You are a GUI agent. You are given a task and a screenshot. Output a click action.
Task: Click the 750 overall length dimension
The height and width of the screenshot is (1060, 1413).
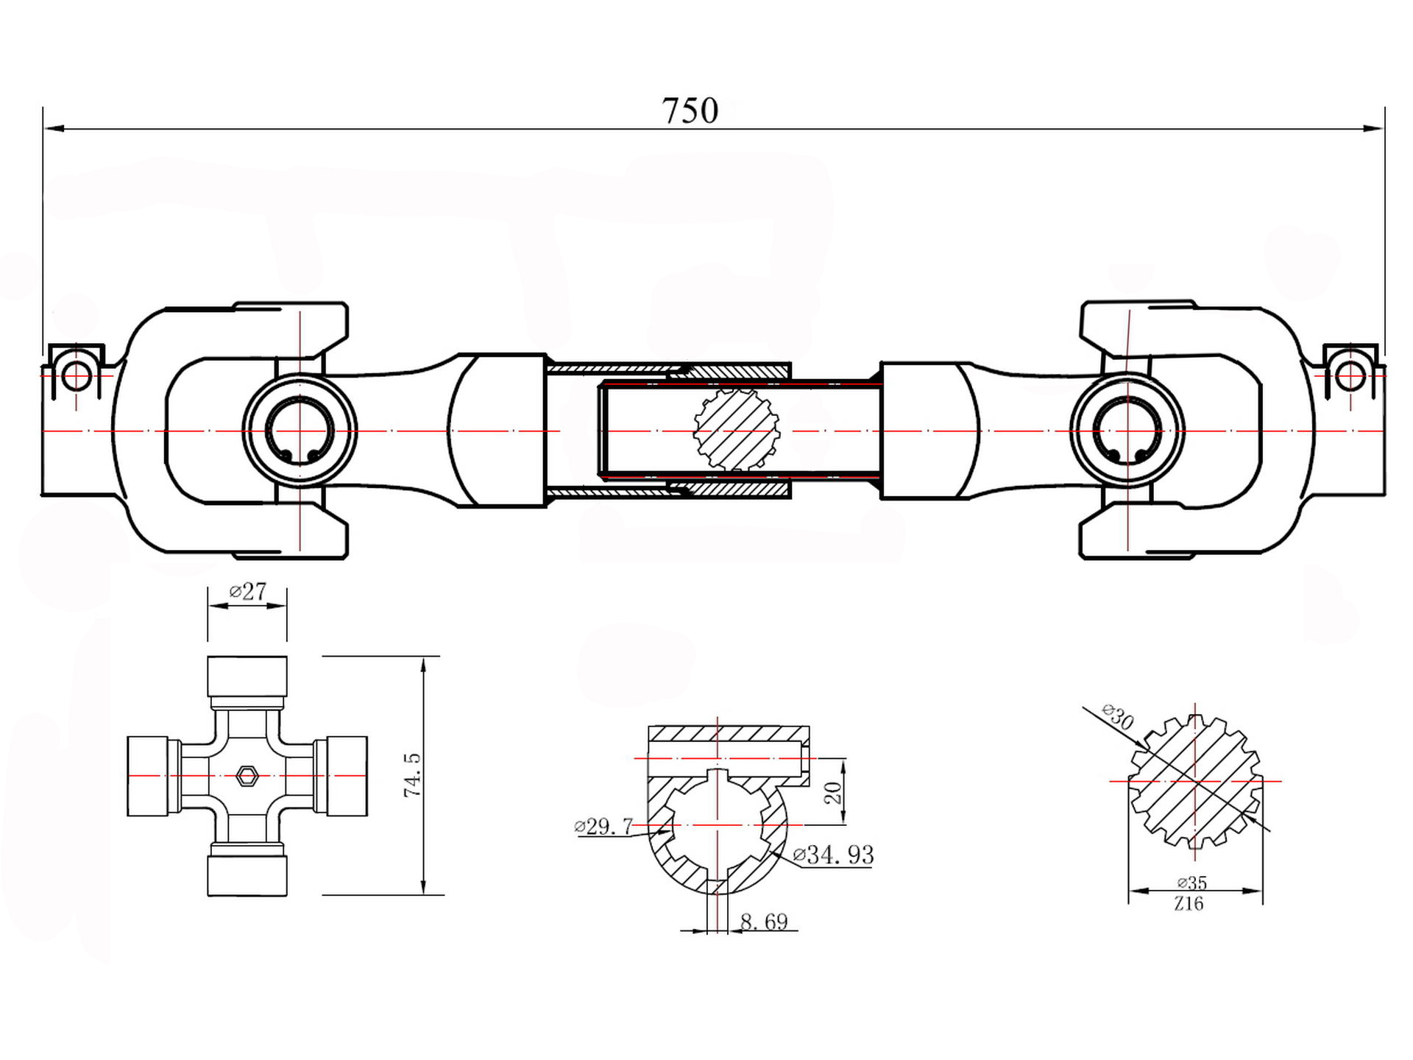[x=690, y=111]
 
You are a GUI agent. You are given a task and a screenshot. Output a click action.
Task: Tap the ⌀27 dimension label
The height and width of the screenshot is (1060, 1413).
[x=248, y=591]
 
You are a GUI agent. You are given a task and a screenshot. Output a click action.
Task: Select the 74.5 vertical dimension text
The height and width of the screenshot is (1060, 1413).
[x=412, y=774]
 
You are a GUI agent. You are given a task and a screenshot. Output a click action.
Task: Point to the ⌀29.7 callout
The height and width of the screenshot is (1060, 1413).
[x=603, y=826]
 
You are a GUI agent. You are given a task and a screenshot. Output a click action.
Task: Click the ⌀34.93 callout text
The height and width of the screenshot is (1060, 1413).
[x=833, y=855]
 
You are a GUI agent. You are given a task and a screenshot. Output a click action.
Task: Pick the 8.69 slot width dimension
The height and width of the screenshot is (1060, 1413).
[x=764, y=922]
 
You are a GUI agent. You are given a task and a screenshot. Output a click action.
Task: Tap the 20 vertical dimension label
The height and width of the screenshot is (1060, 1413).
[x=832, y=792]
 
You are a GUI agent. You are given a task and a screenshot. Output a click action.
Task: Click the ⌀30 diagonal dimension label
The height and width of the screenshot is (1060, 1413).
[x=1118, y=715]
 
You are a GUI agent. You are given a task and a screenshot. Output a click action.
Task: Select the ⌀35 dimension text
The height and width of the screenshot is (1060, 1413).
[x=1191, y=882]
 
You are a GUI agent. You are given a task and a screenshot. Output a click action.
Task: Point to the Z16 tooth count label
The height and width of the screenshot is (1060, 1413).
[x=1189, y=903]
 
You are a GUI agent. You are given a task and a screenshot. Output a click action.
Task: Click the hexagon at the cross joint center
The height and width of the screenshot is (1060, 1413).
[x=247, y=775]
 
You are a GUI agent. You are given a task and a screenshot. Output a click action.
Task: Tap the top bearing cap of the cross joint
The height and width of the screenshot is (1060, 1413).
[x=247, y=676]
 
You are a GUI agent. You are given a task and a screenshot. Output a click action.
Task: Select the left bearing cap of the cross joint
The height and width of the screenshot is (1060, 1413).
[x=153, y=776]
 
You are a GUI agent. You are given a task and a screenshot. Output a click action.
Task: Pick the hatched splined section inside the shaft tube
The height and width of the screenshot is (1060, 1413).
[x=736, y=430]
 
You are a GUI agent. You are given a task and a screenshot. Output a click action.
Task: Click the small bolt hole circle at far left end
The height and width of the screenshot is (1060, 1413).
[x=75, y=377]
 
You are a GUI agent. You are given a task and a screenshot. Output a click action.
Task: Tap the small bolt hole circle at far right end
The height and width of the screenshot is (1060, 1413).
[x=1350, y=376]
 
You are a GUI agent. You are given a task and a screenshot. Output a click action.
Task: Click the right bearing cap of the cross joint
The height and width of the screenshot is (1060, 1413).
[x=341, y=776]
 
